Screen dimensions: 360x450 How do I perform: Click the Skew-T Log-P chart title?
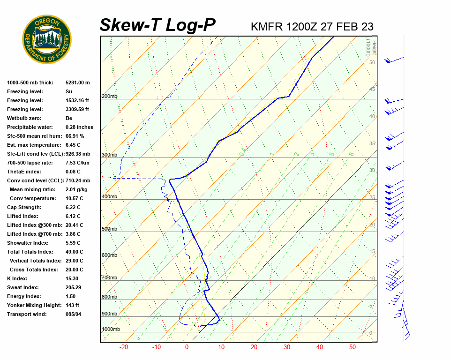pos(157,25)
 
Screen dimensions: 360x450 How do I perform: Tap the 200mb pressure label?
pos(109,96)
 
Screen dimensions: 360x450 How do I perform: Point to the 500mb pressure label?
pos(109,229)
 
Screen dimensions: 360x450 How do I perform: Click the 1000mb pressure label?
pos(111,330)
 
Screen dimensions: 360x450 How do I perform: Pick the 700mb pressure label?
pos(109,277)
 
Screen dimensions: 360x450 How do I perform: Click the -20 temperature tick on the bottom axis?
pos(124,347)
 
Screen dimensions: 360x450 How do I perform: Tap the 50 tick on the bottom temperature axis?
pos(352,347)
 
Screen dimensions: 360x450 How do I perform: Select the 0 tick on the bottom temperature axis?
pos(187,347)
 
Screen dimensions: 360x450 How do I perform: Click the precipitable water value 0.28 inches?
pos(79,127)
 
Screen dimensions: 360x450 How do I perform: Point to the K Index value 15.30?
pos(73,278)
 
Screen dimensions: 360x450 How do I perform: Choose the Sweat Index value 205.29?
pos(74,287)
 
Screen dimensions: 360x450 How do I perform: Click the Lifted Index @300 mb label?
pos(35,225)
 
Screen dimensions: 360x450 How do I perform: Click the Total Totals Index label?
pos(30,252)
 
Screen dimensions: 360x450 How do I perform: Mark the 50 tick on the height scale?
pos(372,62)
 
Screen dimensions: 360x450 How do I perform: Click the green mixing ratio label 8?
pos(351,154)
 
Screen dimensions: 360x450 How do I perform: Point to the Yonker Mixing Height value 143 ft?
pos(73,305)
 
